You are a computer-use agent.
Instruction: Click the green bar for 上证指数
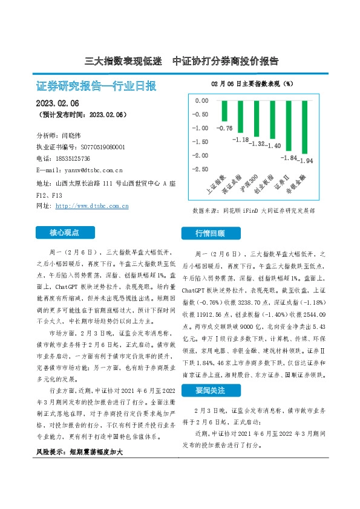(224, 111)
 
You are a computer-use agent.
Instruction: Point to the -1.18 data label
(241, 140)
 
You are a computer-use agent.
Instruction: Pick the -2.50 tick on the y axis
(200, 169)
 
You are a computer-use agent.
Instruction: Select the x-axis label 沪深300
(250, 183)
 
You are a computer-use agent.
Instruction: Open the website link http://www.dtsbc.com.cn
(92, 206)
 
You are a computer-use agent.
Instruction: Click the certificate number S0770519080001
(103, 147)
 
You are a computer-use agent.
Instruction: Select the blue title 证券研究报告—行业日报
(96, 86)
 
